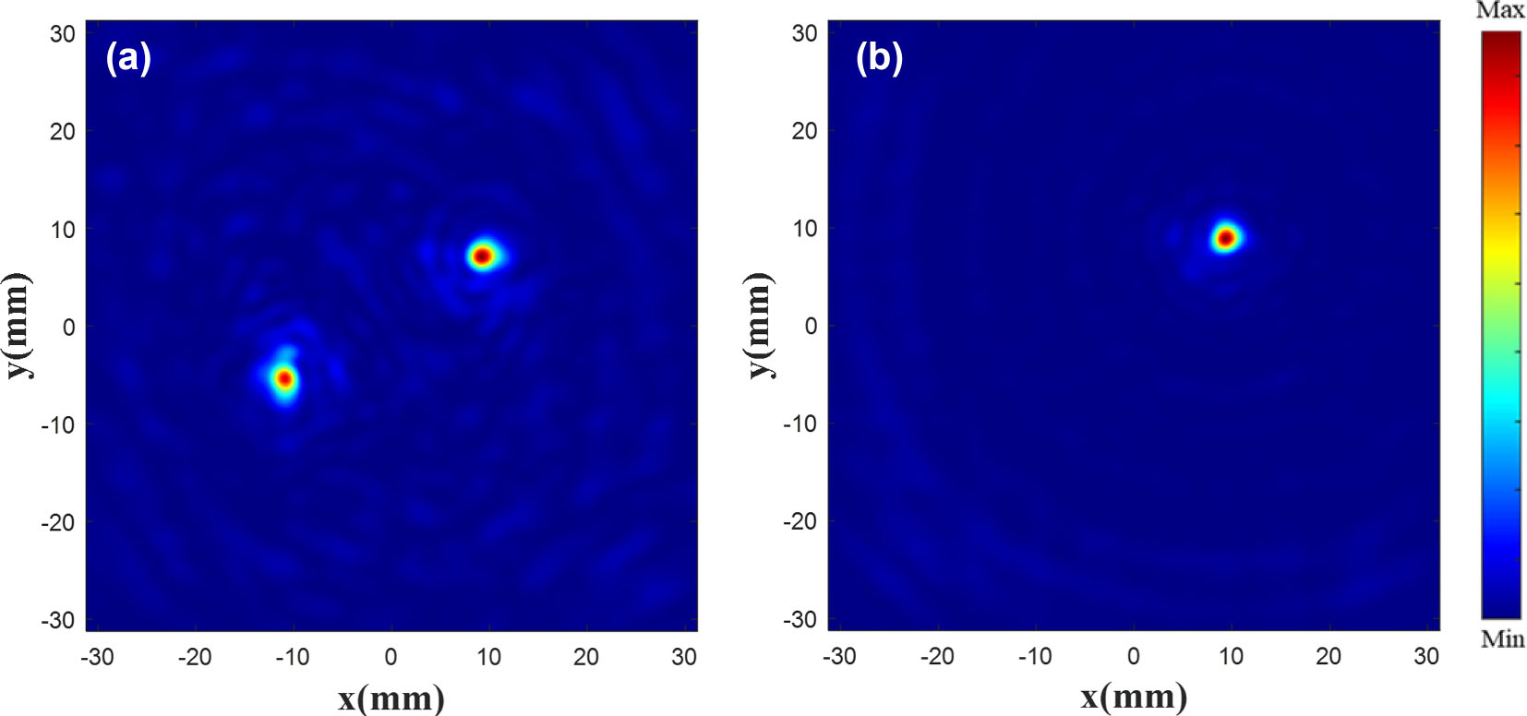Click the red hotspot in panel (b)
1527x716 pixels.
point(1225,238)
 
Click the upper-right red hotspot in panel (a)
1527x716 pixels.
point(482,256)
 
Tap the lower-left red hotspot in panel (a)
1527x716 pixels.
point(284,378)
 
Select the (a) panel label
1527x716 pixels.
point(128,57)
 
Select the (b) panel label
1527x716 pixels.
point(879,57)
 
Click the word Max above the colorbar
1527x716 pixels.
point(1500,11)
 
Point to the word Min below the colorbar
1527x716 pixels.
point(1502,638)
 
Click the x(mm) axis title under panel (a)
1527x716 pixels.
point(391,698)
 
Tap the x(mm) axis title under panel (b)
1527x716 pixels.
point(1134,698)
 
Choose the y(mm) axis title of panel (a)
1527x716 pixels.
point(18,325)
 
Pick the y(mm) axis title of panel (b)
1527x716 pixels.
point(759,325)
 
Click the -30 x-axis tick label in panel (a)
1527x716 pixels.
point(97,657)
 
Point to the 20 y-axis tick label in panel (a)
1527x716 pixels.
point(63,131)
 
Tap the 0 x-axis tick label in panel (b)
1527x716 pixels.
point(1134,657)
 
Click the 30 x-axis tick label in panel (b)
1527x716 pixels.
point(1426,657)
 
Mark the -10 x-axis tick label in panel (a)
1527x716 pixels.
point(293,657)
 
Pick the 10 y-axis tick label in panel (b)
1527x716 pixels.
point(805,228)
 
